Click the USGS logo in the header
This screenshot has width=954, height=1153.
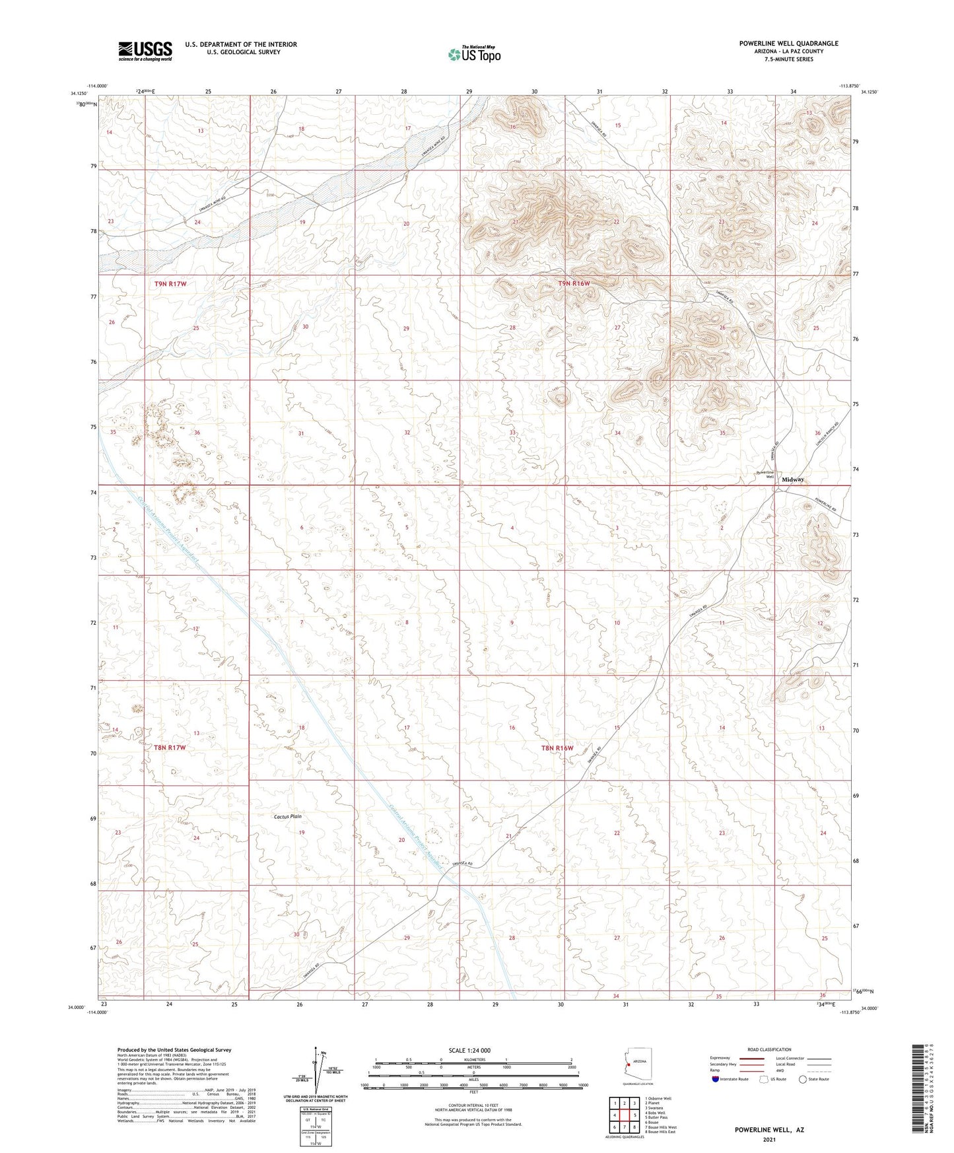(x=145, y=51)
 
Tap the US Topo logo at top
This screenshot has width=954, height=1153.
(x=473, y=54)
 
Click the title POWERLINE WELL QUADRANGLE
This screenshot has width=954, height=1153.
(x=788, y=44)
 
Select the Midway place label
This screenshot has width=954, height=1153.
(x=792, y=479)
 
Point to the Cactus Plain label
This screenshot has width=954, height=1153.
(x=288, y=817)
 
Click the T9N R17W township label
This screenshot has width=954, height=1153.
(x=170, y=284)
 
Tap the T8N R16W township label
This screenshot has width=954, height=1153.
(x=557, y=748)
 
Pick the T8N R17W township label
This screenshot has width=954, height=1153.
(x=170, y=748)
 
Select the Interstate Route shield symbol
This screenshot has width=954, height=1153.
(x=716, y=1079)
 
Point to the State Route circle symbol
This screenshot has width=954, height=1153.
(x=803, y=1079)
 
